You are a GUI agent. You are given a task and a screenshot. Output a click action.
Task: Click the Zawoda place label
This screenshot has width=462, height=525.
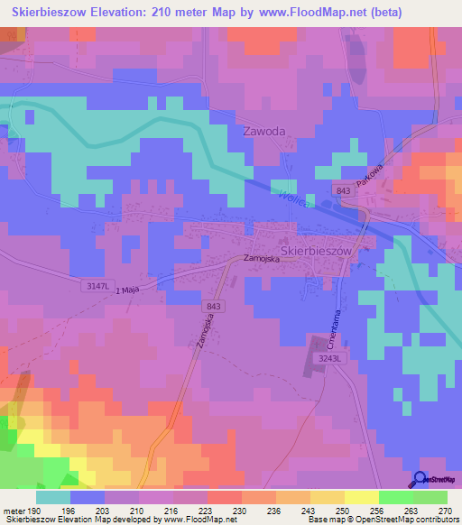(264, 131)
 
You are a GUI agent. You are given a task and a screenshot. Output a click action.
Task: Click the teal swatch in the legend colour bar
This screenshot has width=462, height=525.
(53, 497)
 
